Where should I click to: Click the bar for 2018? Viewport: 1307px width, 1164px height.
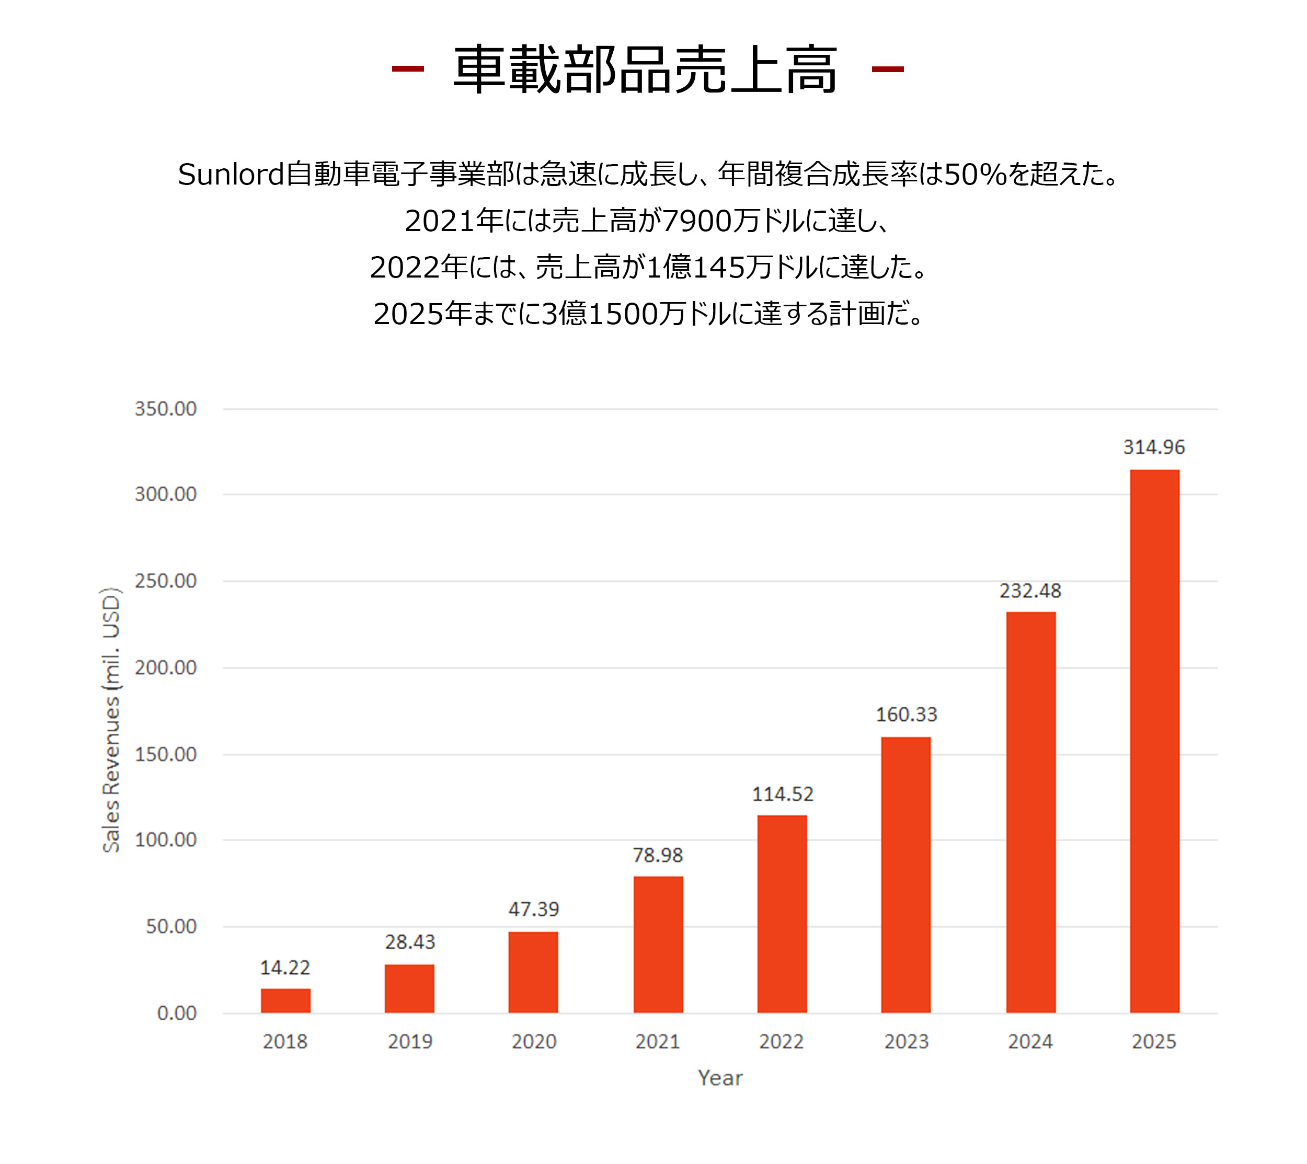tap(285, 1001)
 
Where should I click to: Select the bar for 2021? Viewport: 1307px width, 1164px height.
tap(658, 944)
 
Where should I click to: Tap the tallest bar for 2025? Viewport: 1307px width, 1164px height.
tap(1154, 741)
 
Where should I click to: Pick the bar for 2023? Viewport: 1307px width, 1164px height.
tap(905, 875)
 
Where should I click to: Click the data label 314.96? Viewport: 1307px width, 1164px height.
tap(1154, 447)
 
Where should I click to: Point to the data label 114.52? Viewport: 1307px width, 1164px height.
tap(783, 794)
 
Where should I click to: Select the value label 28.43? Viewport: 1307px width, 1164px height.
tap(409, 942)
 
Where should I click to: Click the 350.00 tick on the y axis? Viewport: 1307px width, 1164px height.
tap(166, 409)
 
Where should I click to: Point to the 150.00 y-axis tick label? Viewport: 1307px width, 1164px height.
tap(166, 755)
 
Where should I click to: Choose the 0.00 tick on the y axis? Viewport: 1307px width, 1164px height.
tap(177, 1013)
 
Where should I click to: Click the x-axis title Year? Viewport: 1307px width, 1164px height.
tap(720, 1078)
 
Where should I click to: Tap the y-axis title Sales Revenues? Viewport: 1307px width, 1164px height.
tap(111, 720)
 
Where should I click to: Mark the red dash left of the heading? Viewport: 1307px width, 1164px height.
tap(407, 69)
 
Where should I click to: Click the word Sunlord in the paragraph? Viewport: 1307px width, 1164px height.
tap(231, 175)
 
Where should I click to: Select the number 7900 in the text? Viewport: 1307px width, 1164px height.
tap(697, 221)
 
